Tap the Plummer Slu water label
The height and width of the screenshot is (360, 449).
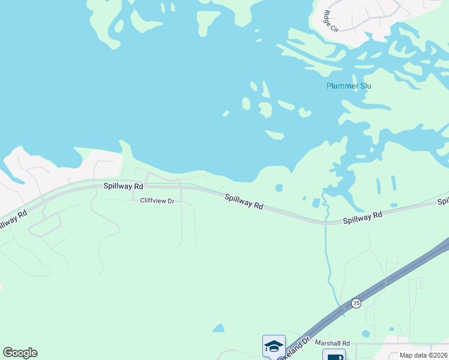[349, 86]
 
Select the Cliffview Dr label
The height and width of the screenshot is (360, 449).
[157, 201]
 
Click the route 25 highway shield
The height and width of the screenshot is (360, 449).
[357, 303]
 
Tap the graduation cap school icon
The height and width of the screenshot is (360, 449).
[274, 346]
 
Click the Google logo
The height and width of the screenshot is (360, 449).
[20, 353]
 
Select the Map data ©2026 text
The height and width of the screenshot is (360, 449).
[424, 355]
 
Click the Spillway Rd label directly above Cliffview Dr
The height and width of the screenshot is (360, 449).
[124, 187]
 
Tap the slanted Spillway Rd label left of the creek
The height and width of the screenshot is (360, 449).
[244, 201]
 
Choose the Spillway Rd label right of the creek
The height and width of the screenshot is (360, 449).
[363, 218]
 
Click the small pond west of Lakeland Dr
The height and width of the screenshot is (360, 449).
[219, 328]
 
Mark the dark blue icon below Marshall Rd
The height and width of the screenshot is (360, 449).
[334, 356]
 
